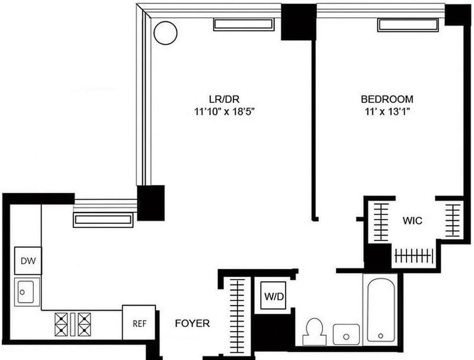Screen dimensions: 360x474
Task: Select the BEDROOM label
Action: coord(387,99)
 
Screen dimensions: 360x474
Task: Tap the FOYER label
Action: coord(192,323)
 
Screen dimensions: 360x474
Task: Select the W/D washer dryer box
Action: coord(273,294)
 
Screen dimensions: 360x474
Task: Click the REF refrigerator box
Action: coord(139,323)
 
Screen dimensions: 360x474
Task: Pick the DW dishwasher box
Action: coord(27,261)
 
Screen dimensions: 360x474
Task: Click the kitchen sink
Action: coord(27,292)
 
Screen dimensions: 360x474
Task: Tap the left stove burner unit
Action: coord(63,324)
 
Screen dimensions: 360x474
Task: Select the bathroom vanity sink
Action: coord(345,334)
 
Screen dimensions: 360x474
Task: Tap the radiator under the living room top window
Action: coord(244,25)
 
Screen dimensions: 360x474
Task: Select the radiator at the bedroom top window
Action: coord(409,25)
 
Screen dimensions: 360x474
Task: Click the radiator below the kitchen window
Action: coord(103,220)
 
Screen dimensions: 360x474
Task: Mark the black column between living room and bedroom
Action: coord(298,22)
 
